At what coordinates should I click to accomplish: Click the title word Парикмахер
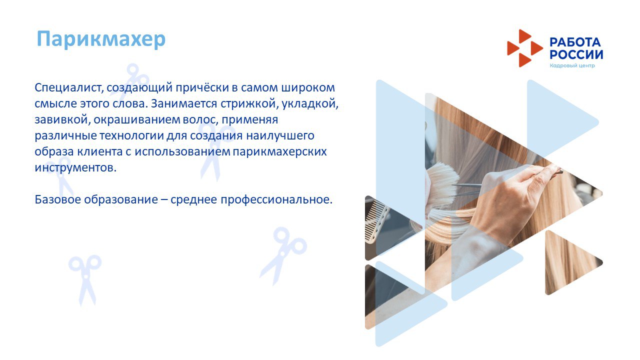click(101, 39)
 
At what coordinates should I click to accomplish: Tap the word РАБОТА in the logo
click(575, 42)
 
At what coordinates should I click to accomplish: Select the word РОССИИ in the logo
click(576, 54)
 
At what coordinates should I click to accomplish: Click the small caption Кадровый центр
click(572, 65)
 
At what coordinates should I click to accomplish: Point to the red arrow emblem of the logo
click(525, 48)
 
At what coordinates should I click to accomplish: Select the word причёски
click(202, 87)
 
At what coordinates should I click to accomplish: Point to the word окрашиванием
click(136, 119)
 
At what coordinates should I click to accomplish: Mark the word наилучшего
click(280, 135)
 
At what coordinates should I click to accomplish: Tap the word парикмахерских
click(279, 151)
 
